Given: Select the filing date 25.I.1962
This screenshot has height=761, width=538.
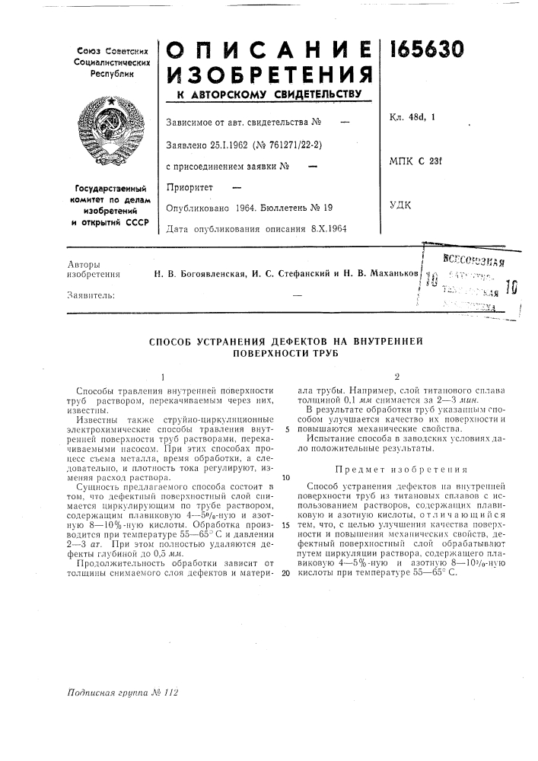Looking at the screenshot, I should [220, 142].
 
